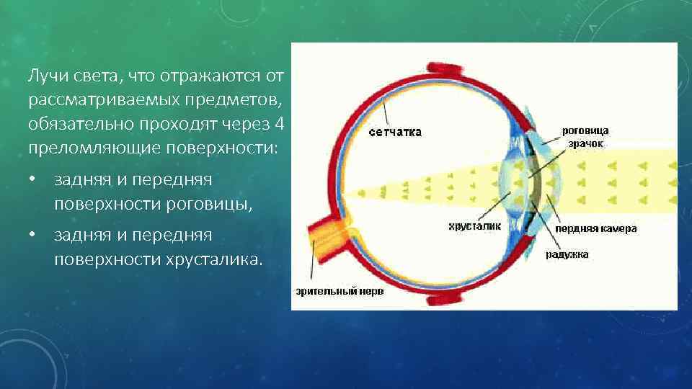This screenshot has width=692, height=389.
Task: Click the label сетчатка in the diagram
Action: (395, 133)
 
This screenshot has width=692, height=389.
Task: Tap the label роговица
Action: (585, 130)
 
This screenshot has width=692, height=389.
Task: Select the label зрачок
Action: (585, 143)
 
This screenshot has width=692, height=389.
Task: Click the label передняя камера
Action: (595, 228)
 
